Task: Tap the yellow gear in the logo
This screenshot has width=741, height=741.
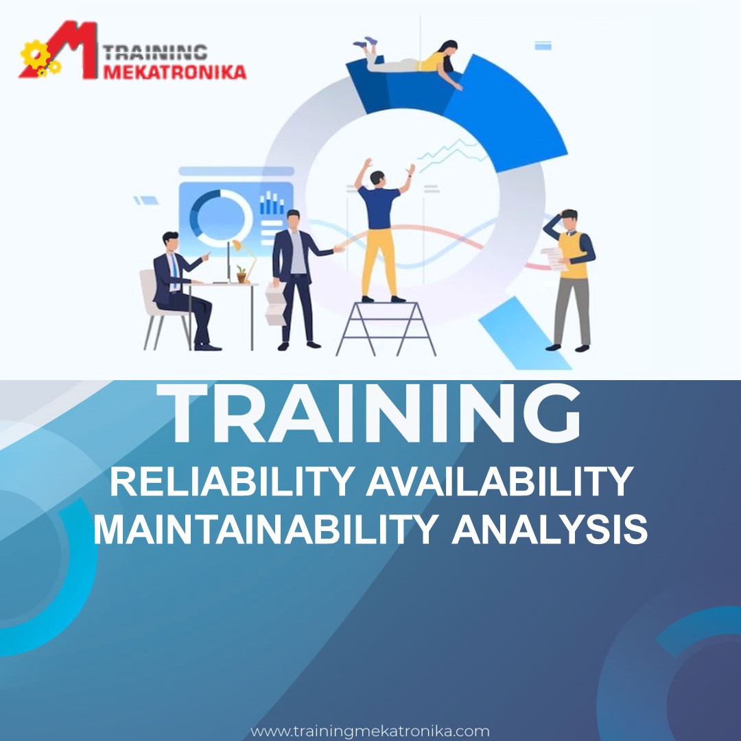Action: [34, 55]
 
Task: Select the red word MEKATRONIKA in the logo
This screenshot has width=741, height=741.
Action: [174, 72]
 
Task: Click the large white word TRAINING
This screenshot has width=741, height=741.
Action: [368, 413]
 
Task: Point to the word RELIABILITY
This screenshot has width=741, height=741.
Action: [233, 482]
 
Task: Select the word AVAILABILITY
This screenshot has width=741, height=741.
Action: [500, 482]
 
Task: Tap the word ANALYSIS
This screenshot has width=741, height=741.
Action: [550, 529]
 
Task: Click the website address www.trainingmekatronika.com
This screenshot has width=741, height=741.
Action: [370, 731]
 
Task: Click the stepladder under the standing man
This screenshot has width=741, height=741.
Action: [386, 329]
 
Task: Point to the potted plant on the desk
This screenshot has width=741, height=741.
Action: [242, 274]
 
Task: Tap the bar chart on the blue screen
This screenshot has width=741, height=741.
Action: [272, 202]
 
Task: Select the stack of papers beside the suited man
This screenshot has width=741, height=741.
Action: [275, 304]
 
